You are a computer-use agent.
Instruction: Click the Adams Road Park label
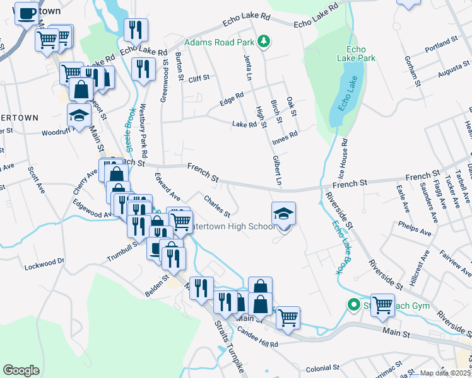219,43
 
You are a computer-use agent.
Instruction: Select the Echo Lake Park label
361,54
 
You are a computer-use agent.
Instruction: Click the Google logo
21,370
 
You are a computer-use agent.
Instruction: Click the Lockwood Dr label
44,264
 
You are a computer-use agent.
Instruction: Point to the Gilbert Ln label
276,171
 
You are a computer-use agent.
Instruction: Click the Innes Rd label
284,137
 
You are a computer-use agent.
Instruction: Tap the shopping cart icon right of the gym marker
382,305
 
